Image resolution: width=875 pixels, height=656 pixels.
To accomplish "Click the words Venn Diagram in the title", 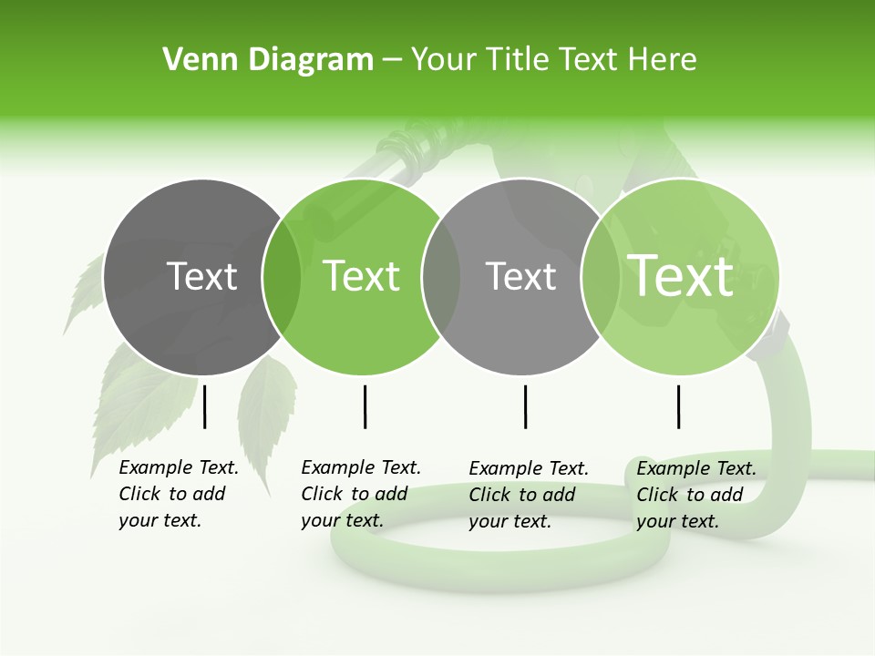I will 268,59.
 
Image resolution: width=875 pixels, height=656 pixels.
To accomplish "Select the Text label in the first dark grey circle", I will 202,276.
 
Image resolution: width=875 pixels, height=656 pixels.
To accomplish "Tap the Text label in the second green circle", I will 362,276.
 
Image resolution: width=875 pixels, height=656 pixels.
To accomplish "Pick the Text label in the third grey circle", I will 520,276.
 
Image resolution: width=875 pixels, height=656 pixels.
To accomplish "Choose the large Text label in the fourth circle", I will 681,275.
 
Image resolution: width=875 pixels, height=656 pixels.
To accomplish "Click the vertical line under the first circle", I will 205,406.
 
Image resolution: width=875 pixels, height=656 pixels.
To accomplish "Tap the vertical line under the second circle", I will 365,406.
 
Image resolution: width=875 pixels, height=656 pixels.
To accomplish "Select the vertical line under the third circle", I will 525,406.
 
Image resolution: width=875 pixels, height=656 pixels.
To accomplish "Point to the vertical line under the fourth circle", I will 678,406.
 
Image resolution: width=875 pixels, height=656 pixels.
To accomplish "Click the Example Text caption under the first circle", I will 178,494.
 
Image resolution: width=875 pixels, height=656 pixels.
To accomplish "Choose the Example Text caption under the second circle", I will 360,494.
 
